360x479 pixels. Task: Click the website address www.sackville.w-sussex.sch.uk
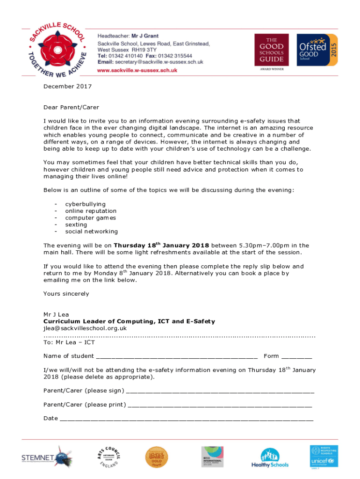[x=137, y=70]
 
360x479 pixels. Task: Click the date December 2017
[x=67, y=87]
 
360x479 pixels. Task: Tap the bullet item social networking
[x=91, y=231]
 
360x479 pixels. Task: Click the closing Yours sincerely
[x=66, y=294]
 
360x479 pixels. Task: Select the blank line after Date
[x=187, y=419]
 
